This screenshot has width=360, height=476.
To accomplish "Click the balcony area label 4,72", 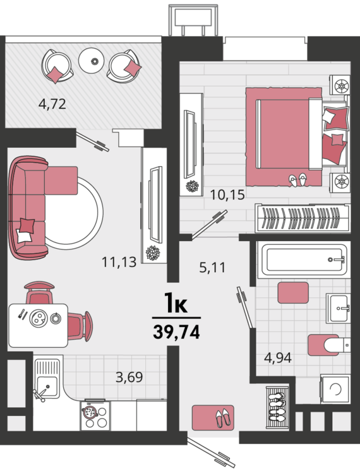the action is [x=52, y=104].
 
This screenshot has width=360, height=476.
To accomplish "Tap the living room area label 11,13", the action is [x=119, y=262].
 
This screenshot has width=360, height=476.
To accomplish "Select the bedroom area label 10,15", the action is [x=227, y=194].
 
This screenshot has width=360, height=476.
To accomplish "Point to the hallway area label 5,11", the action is [x=212, y=268].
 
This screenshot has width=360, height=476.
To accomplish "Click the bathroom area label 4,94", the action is [x=278, y=357].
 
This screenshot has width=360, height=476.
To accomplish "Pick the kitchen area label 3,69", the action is [x=129, y=377].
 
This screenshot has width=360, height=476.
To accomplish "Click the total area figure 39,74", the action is [x=176, y=332].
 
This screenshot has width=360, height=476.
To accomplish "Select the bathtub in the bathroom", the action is [x=304, y=260].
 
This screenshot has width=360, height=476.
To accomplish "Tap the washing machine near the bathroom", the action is [x=335, y=389].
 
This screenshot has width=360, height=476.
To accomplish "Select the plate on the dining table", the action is [x=39, y=318].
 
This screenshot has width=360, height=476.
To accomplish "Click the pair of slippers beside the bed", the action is [x=297, y=180].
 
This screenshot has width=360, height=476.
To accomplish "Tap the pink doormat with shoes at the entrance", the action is [x=213, y=417].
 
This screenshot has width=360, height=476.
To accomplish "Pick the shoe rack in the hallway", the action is [x=277, y=407].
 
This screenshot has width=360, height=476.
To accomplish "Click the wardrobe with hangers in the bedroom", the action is [x=303, y=218].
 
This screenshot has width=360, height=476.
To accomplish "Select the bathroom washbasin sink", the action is [x=338, y=308].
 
